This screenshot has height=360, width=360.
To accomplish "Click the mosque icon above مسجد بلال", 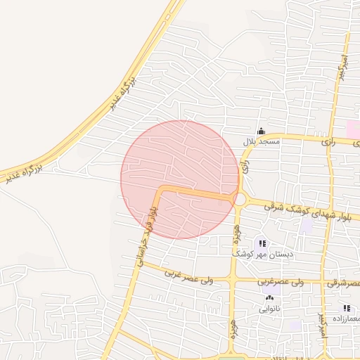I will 261,131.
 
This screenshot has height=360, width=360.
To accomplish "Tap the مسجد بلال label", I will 262,142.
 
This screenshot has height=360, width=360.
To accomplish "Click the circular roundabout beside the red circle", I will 240,200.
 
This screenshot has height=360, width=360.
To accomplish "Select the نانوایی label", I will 269,309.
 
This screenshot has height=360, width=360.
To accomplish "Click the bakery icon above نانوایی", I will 269,298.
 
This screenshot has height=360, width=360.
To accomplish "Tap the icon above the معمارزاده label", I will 346,308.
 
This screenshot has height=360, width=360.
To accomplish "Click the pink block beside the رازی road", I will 353,129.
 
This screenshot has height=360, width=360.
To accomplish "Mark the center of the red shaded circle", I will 180,179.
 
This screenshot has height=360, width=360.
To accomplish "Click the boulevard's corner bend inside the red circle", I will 160,190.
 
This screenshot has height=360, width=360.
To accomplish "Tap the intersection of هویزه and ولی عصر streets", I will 232,281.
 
